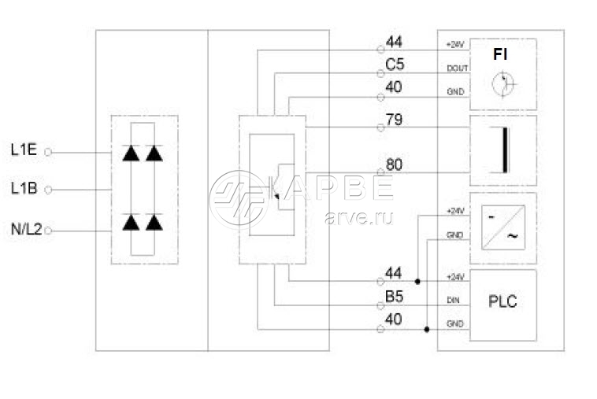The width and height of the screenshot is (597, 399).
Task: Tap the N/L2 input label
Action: (x=25, y=229)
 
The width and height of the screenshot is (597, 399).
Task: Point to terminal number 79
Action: (x=394, y=120)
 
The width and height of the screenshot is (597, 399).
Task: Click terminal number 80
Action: (x=394, y=165)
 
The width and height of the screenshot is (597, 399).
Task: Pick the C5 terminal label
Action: (x=394, y=64)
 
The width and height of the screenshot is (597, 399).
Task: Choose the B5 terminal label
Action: (x=394, y=298)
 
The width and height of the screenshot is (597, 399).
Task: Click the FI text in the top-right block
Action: (x=500, y=55)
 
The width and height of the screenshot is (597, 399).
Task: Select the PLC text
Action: (x=502, y=301)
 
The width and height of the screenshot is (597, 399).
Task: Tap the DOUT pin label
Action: (x=457, y=68)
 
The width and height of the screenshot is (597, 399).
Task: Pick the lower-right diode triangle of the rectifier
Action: (x=154, y=223)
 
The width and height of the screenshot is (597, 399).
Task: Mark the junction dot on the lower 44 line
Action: (x=417, y=280)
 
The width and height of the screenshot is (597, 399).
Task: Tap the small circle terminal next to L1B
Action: (x=48, y=190)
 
